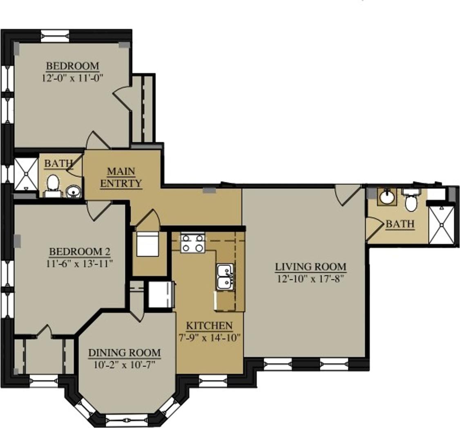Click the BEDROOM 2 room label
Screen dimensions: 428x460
[x=80, y=251]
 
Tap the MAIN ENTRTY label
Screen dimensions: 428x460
[x=121, y=177]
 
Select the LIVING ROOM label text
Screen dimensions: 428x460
[x=310, y=267]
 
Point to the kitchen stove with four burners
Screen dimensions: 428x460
[x=192, y=243]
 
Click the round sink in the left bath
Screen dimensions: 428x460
[x=73, y=191]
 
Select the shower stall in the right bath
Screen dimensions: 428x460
[x=441, y=225]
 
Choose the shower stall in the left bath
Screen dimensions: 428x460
[x=25, y=174]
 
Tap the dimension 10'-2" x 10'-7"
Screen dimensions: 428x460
[x=125, y=364]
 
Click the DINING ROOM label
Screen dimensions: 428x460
[x=125, y=353]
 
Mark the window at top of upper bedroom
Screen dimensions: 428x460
[x=55, y=35]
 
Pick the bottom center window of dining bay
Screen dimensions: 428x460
[x=127, y=419]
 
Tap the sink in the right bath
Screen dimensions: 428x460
[x=386, y=197]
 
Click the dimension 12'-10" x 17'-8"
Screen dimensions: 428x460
[x=310, y=279]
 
